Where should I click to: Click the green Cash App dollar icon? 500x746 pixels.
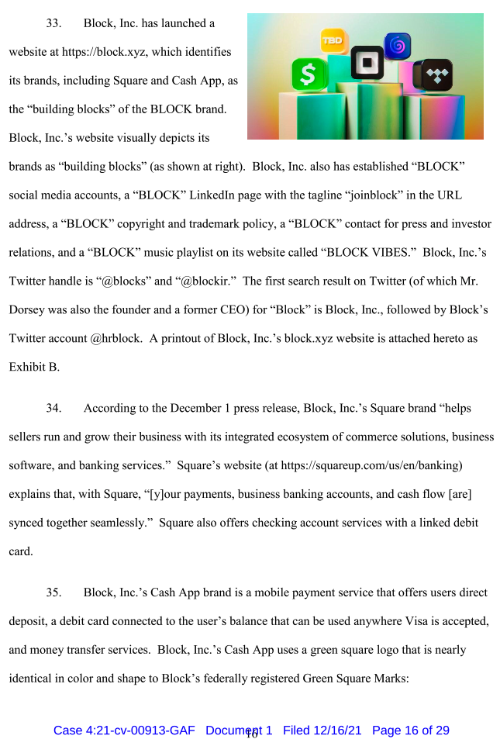[309, 75]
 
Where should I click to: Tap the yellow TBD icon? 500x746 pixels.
[334, 40]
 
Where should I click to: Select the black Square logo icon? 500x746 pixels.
[367, 63]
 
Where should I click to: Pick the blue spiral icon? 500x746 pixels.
[398, 45]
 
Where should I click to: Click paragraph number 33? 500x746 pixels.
[53, 23]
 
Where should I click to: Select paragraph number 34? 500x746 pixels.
[53, 408]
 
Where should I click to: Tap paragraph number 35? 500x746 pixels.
[53, 592]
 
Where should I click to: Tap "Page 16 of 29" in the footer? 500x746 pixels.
[411, 730]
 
